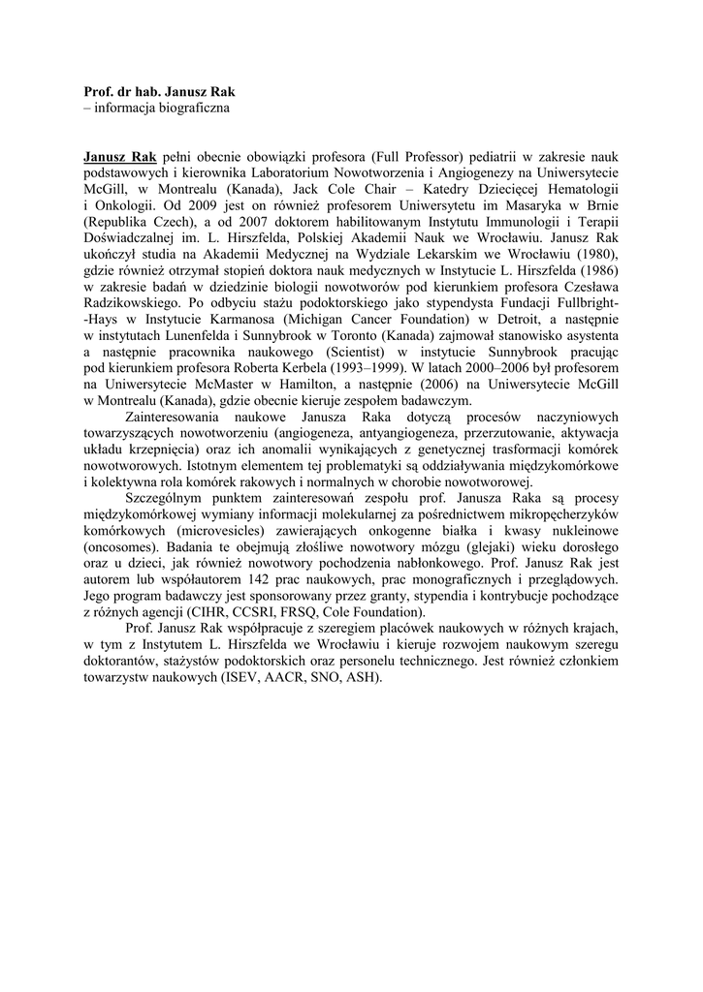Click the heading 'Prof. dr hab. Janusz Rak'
[x=160, y=91]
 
